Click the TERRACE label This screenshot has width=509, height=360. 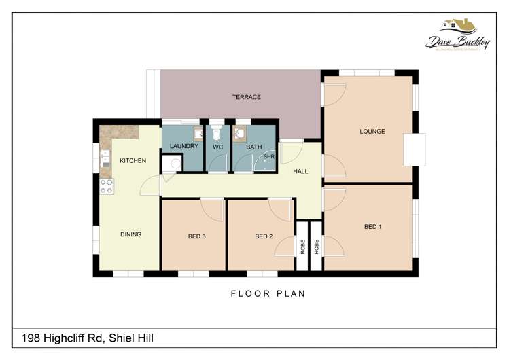[x=246, y=97]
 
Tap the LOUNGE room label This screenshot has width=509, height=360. [x=372, y=132]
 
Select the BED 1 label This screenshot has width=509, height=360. [x=372, y=226]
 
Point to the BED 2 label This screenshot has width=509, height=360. [x=264, y=236]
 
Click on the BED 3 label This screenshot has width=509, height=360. [x=196, y=236]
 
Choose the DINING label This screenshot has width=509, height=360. [x=130, y=234]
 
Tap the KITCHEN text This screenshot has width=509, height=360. [x=133, y=161]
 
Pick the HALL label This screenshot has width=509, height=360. [x=300, y=172]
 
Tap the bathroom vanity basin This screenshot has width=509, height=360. [x=239, y=132]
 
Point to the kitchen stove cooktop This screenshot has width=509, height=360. [x=107, y=185]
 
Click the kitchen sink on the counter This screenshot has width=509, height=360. [x=105, y=160]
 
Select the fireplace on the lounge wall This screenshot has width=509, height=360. [x=414, y=149]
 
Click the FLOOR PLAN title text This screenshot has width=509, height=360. [x=268, y=294]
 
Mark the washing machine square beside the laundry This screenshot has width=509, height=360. [x=173, y=164]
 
